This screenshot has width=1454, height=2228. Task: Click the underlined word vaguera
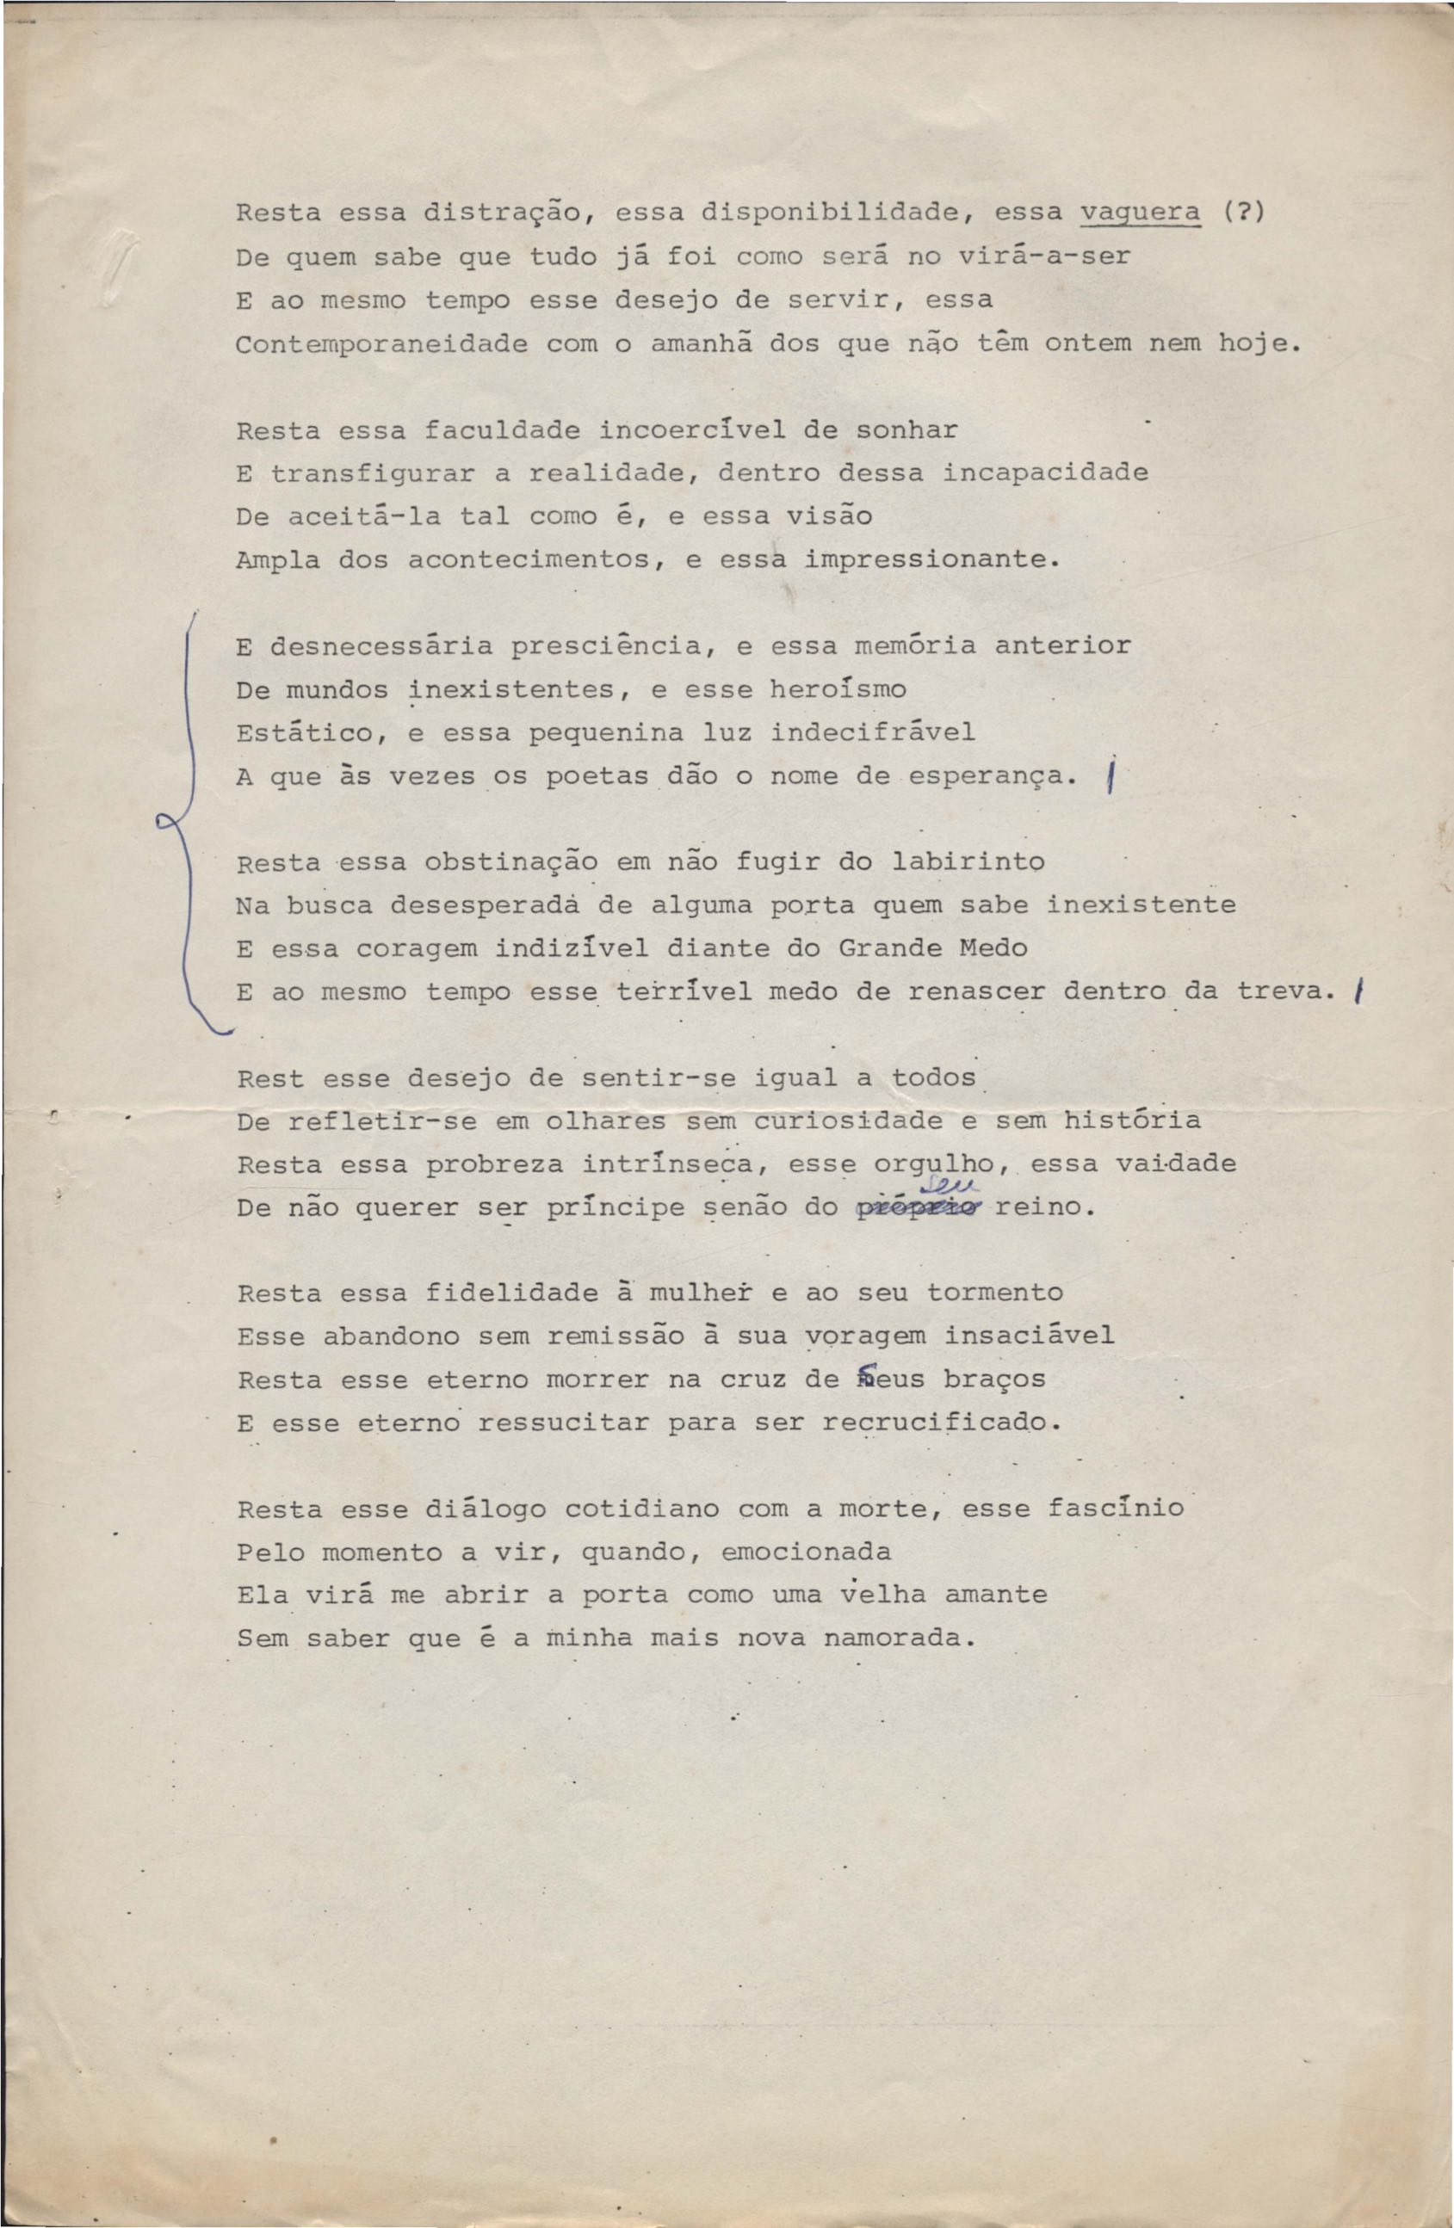[x=1141, y=213]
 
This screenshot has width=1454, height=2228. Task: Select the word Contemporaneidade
[x=381, y=344]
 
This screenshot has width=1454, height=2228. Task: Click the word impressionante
[x=931, y=561]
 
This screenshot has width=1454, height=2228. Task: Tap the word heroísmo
[x=838, y=690]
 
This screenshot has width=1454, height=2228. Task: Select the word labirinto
[x=967, y=861]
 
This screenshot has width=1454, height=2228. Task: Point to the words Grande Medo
[x=932, y=948]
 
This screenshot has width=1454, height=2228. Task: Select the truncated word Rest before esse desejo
[x=270, y=1078]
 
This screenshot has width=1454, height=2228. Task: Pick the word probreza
[x=494, y=1164]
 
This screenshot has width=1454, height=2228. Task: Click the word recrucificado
[x=941, y=1424]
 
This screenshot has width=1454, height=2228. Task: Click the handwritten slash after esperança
[x=1110, y=776]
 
